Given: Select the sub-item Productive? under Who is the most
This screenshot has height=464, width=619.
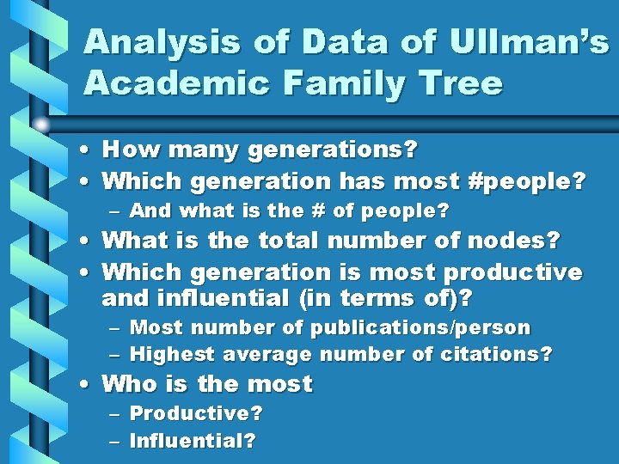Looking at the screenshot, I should [195, 413].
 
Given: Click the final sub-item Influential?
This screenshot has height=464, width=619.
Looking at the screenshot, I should [192, 441].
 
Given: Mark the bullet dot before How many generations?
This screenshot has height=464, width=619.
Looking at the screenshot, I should [89, 151].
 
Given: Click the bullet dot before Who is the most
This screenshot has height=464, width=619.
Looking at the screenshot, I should [89, 384].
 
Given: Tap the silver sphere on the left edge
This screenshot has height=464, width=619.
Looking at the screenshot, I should [40, 125].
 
